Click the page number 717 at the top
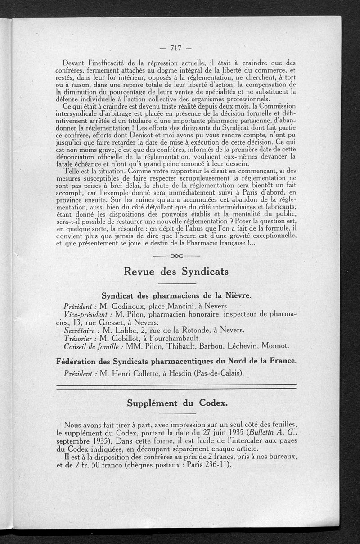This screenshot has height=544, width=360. (x=175, y=48)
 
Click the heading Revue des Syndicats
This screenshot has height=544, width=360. (x=176, y=272)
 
